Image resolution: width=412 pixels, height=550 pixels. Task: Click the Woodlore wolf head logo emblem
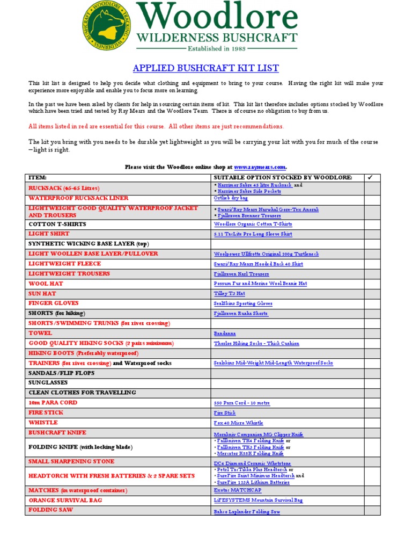[106, 26]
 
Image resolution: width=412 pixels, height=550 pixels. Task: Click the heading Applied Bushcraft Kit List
[205, 68]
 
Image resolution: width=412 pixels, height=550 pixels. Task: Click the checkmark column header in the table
[369, 177]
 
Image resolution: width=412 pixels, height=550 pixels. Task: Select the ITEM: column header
[38, 177]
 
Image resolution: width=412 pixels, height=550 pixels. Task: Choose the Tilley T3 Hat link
[229, 294]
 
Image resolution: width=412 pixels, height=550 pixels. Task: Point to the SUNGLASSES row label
[48, 382]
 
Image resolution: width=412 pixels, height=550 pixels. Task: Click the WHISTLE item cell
[43, 423]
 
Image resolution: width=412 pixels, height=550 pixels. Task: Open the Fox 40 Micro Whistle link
[238, 423]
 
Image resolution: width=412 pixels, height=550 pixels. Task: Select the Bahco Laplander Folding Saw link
[247, 512]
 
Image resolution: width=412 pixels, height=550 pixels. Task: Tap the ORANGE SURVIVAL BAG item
[65, 500]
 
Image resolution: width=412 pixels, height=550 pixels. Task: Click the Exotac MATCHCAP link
[237, 490]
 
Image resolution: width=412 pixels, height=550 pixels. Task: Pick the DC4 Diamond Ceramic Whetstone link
[252, 463]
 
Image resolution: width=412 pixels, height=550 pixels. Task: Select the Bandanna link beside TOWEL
[224, 334]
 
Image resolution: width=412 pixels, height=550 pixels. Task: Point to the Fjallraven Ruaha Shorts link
[240, 314]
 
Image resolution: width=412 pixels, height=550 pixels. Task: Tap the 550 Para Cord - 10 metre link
[241, 403]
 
